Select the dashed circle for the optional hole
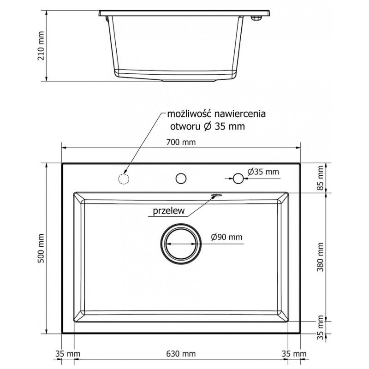pyautogui.click(x=124, y=179)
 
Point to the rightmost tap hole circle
pyautogui.click(x=238, y=178)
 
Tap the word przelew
pyautogui.click(x=167, y=212)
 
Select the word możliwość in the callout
pyautogui.click(x=186, y=113)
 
